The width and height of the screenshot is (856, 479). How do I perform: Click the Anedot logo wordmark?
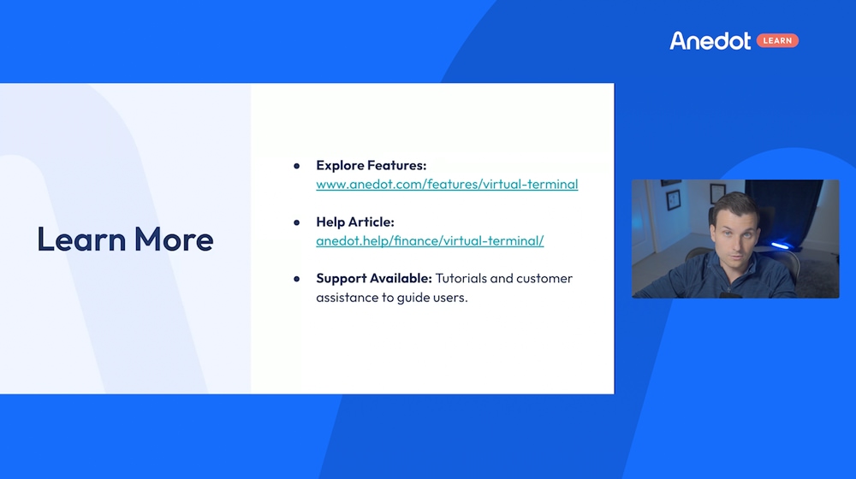coord(710,41)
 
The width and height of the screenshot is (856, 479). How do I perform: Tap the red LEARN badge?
coord(777,41)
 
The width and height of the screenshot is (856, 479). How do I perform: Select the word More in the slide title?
coord(174,239)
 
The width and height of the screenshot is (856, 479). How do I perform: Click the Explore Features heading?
coord(372,165)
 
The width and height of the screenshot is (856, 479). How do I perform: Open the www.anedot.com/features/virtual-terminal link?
coord(447,185)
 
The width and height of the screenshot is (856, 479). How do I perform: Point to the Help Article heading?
coord(355,222)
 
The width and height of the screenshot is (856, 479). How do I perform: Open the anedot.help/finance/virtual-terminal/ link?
coord(430,241)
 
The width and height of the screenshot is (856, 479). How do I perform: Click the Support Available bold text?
coord(374,278)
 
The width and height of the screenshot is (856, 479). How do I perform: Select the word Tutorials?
coord(461,278)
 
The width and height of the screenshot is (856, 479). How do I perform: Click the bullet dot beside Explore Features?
coord(296,166)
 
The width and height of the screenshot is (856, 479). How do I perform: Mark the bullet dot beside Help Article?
coord(296,222)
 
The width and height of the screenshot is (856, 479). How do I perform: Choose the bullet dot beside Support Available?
coord(296,279)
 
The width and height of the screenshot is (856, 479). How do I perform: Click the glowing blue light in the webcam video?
coord(780,245)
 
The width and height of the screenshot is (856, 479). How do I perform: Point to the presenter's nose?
coord(736,243)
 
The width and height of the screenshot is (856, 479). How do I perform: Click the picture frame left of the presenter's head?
coord(674,199)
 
